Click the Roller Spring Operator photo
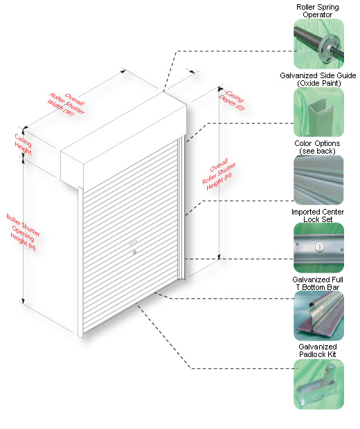(x=318, y=44)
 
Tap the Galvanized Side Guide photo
(x=318, y=112)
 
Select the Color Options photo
(x=318, y=180)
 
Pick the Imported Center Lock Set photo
(x=318, y=248)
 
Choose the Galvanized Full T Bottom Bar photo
(x=318, y=316)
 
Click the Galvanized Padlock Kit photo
(x=318, y=384)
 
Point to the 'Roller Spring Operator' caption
(x=318, y=11)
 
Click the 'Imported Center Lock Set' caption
(x=318, y=216)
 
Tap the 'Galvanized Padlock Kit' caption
(x=318, y=351)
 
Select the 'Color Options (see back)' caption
(x=317, y=147)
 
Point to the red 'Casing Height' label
(x=23, y=144)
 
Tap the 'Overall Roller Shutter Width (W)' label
(x=66, y=104)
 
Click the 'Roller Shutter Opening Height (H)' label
(x=23, y=232)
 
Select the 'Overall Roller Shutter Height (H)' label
(x=219, y=174)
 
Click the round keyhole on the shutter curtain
(x=134, y=253)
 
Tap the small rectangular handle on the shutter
(x=133, y=241)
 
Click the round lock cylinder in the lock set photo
(x=318, y=247)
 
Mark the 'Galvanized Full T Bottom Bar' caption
(x=318, y=284)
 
